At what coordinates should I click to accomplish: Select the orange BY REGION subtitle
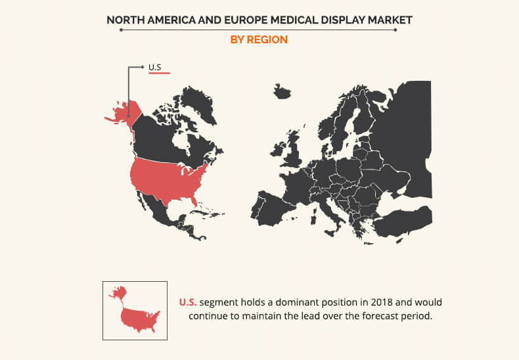pyautogui.click(x=259, y=39)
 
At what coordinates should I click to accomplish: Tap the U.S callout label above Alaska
pyautogui.click(x=155, y=67)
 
